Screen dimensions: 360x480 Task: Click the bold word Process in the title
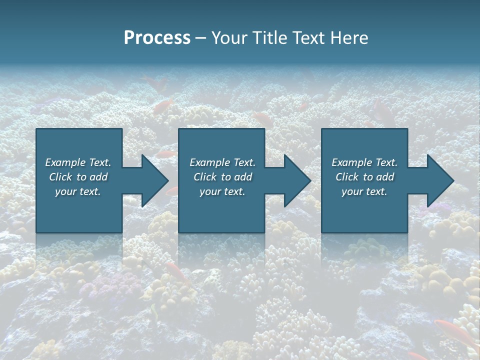tap(157, 38)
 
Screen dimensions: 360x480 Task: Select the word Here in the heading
tap(348, 38)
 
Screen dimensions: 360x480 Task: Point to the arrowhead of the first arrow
tap(155, 180)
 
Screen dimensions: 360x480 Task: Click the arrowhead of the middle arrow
tap(297, 180)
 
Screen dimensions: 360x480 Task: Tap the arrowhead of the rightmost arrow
tap(440, 180)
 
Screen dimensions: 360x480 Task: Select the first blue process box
tap(79, 210)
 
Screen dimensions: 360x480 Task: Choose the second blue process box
tap(221, 210)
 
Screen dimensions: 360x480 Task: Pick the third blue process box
tap(364, 210)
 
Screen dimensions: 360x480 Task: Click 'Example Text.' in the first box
tap(78, 162)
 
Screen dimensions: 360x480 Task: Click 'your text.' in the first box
tap(78, 191)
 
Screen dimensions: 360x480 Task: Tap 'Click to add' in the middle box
tap(222, 177)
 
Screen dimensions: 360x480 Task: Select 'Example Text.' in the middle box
tap(222, 162)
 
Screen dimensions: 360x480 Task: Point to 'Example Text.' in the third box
tap(364, 162)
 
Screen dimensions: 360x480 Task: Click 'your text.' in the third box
tap(364, 191)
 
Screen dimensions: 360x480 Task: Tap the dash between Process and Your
tap(200, 38)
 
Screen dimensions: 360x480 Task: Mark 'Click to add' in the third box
tap(364, 177)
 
